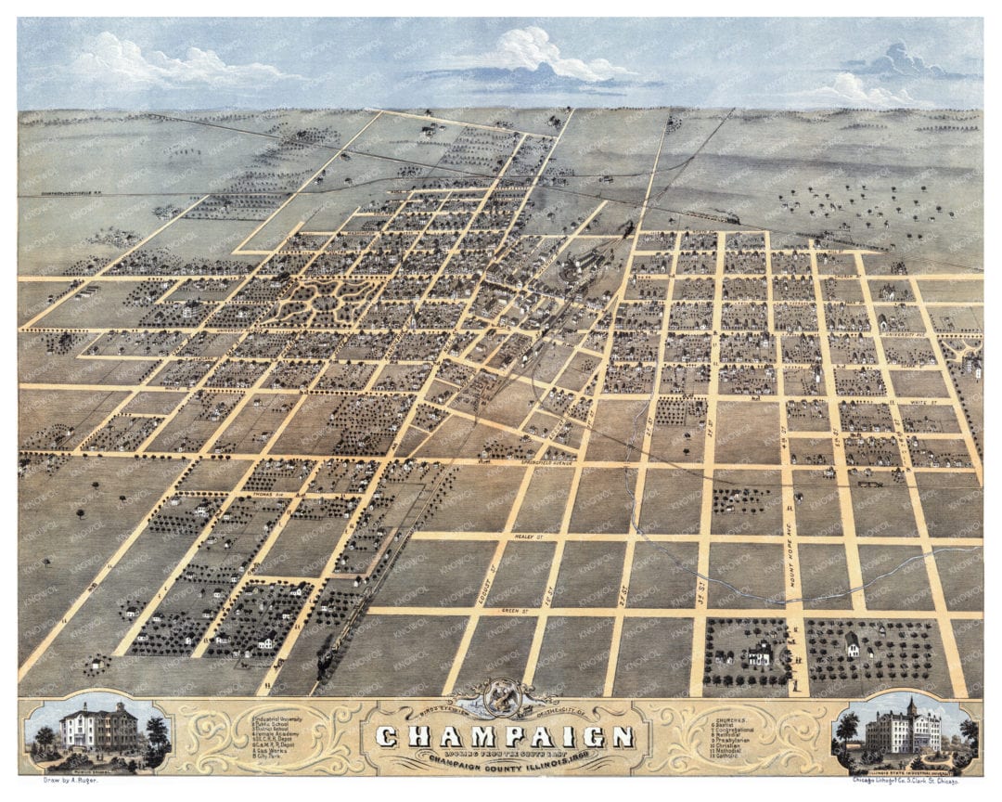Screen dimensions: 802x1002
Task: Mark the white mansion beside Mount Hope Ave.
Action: pyautogui.click(x=759, y=653)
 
